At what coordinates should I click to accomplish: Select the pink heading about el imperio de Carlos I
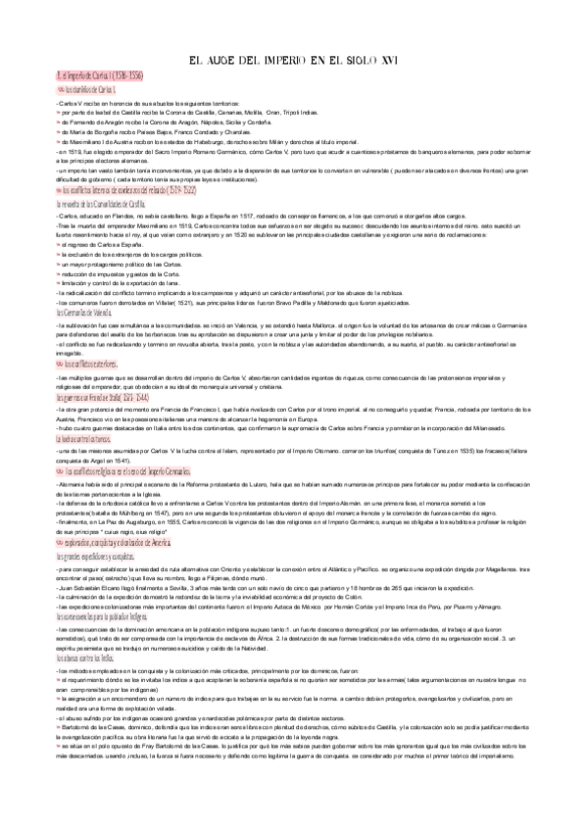(x=97, y=74)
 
